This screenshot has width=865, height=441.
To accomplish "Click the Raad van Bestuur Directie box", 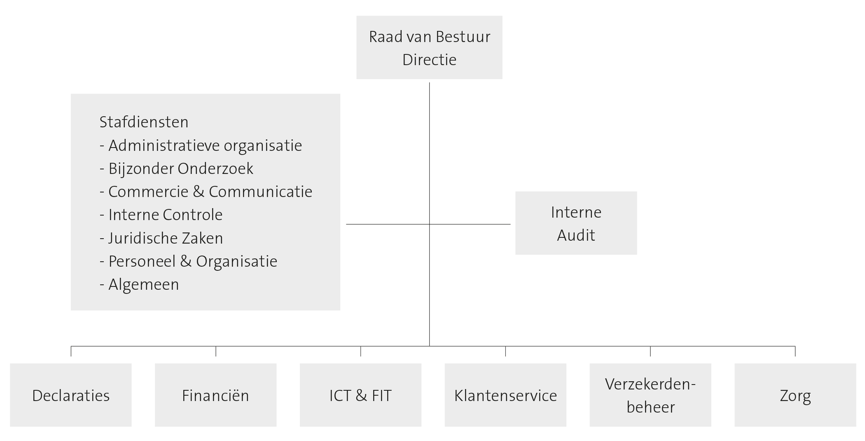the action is point(429,47).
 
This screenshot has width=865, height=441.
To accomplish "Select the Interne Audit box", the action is point(576,223).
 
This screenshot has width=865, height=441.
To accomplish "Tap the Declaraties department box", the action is point(71,395).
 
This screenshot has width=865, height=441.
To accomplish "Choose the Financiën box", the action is point(215,395).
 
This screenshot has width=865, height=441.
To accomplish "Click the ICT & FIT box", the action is point(360,395).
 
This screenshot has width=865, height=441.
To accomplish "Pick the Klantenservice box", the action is point(505,395).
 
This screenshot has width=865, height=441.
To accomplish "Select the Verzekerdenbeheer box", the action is point(650,395).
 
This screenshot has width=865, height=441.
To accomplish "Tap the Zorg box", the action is point(795,395).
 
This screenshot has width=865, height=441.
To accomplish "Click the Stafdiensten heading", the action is point(144,122).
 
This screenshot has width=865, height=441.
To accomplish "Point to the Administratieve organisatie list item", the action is point(201,145).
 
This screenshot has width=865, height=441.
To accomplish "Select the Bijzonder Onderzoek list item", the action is point(176,169).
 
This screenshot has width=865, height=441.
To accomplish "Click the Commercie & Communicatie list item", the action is point(206,192).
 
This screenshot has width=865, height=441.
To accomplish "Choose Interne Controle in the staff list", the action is point(161,215).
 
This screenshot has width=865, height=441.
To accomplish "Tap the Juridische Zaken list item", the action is point(161,238).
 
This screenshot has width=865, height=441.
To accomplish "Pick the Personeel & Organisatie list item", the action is point(188,261).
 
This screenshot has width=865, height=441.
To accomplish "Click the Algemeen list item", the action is point(139,284).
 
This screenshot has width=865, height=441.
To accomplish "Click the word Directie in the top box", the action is point(429,60).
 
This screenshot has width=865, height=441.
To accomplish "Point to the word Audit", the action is point(576,235).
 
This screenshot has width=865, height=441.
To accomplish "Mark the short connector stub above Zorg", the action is point(795,351).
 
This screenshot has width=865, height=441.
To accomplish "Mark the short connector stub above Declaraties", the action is point(71,351).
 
